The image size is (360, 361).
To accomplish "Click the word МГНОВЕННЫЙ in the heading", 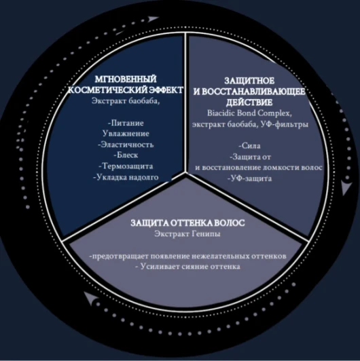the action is (126, 79).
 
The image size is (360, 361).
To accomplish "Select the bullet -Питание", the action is (126, 123).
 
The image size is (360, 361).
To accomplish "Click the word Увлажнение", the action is (126, 134).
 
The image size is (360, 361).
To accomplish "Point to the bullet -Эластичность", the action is (126, 145).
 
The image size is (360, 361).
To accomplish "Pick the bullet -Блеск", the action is (126, 155).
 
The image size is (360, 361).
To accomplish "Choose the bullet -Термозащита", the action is (126, 166).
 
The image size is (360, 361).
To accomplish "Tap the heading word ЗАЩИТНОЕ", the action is (249, 81).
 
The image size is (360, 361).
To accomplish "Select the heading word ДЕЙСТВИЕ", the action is (249, 102).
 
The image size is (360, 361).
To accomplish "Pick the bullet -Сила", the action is (249, 146).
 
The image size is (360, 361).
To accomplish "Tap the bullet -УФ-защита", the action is (249, 178).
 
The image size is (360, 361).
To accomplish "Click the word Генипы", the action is (206, 234).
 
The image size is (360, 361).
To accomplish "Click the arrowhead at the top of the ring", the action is (153, 19).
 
